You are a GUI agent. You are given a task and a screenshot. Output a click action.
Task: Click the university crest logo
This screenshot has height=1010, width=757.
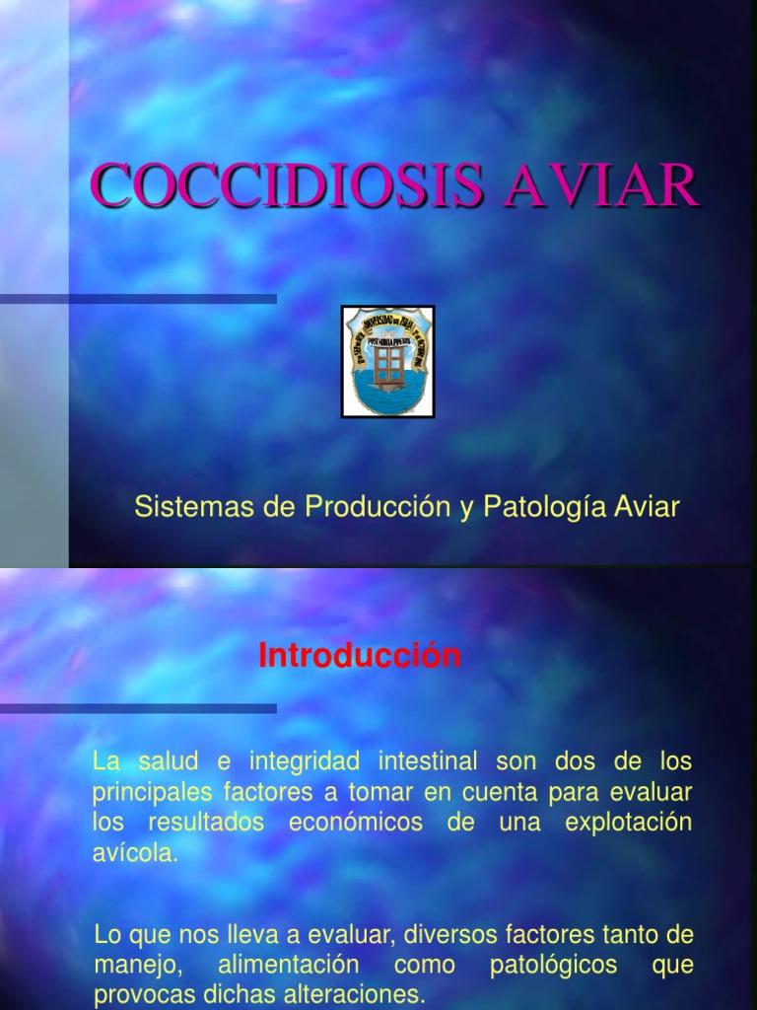click(x=387, y=361)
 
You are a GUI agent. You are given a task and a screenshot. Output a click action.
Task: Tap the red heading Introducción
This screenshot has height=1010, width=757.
click(x=360, y=656)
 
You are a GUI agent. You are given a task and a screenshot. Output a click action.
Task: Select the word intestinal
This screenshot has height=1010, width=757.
click(x=426, y=761)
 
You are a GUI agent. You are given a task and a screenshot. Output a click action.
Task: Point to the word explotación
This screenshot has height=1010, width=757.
click(x=629, y=823)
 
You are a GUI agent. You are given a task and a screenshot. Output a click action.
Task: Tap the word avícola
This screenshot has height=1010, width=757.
click(x=136, y=853)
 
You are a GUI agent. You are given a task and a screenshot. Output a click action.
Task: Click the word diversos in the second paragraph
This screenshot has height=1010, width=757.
click(x=447, y=933)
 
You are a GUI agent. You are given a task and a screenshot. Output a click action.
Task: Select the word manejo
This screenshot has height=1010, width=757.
click(x=129, y=964)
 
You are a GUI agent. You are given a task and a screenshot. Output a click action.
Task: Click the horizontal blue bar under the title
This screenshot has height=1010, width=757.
click(x=138, y=299)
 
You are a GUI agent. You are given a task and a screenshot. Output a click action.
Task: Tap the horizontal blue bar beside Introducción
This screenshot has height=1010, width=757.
click(x=138, y=708)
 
